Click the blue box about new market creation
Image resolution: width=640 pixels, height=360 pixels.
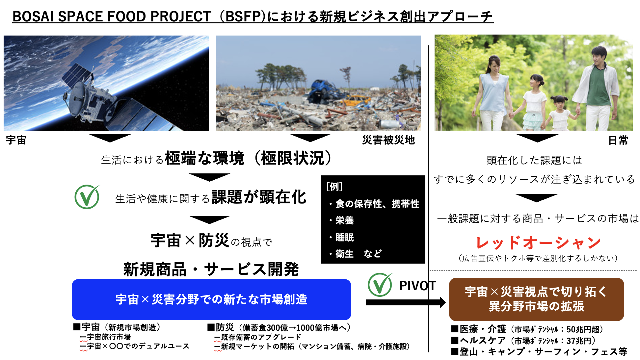coord(211,299)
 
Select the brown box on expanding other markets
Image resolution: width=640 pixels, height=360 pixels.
coord(536,299)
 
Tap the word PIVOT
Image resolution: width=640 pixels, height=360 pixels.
coord(417,286)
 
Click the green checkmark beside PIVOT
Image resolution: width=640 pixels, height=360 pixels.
coord(380,285)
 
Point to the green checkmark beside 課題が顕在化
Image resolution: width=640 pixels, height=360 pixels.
coord(87,197)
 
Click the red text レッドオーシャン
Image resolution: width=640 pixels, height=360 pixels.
coord(538,243)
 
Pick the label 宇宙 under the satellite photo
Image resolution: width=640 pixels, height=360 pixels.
coord(16,140)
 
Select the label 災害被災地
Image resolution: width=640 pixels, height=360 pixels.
coord(388,140)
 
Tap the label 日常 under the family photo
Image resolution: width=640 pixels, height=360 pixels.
coord(618,141)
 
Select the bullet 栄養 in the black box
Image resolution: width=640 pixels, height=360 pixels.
coord(341,220)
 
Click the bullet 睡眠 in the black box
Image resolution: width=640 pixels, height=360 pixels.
coord(341,237)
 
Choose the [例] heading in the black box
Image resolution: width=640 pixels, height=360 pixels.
coord(334,187)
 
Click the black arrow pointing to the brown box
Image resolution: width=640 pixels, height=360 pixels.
coord(406,302)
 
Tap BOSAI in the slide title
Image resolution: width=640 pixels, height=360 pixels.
coord(33,16)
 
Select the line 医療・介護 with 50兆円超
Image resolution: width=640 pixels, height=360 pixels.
coord(527,329)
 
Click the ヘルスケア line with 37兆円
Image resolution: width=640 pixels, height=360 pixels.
coord(523,340)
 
